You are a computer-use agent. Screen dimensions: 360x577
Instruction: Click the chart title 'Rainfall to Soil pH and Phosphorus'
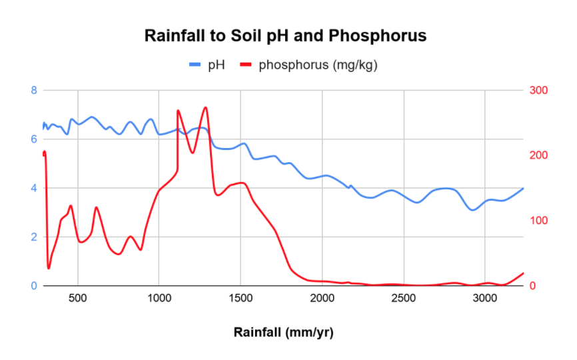(x=285, y=35)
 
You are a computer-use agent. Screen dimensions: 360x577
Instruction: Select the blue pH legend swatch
(x=195, y=65)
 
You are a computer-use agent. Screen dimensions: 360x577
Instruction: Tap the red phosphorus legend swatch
(x=246, y=65)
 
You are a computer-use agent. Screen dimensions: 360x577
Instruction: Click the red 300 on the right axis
(x=537, y=90)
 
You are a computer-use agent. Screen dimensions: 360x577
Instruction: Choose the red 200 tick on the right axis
(x=537, y=155)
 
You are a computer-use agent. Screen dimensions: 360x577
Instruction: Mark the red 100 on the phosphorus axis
(x=537, y=221)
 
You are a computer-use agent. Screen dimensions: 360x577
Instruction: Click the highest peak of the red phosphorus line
(x=205, y=107)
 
